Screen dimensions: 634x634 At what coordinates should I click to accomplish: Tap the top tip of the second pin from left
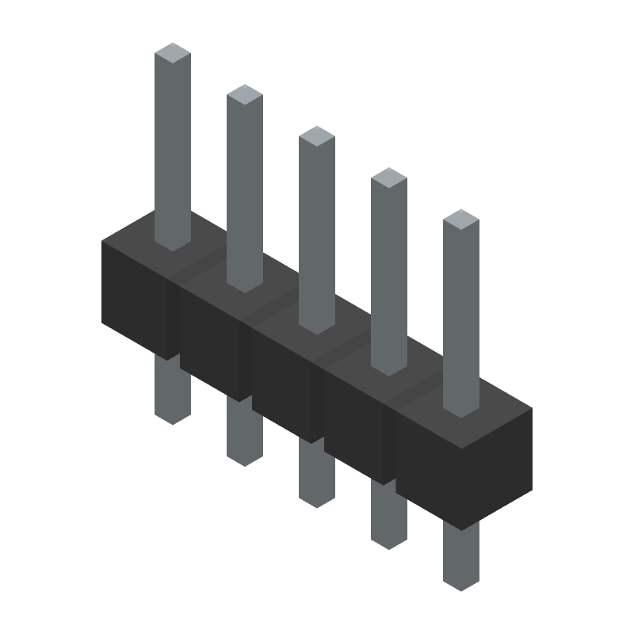pyautogui.click(x=245, y=94)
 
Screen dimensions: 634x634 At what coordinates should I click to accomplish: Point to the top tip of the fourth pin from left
pyautogui.click(x=389, y=178)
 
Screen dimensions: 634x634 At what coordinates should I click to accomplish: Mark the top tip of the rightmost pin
pyautogui.click(x=461, y=219)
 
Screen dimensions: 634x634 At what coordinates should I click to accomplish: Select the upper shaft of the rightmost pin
pyautogui.click(x=461, y=317)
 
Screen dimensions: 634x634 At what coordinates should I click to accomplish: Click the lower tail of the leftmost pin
pyautogui.click(x=173, y=392)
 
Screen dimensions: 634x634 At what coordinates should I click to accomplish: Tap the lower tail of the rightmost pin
pyautogui.click(x=461, y=559)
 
